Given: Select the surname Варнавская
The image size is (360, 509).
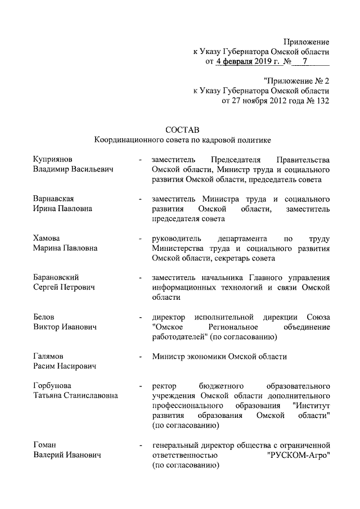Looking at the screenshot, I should pos(54,199).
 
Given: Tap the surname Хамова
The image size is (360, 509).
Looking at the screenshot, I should pos(47,238).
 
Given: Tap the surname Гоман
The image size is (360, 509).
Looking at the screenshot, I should pos(46,445).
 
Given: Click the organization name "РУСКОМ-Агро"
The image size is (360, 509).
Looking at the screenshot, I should pos(299,456).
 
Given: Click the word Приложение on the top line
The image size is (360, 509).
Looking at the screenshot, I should pos(307,42).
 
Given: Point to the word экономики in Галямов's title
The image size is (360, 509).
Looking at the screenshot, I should pos(202,357).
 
